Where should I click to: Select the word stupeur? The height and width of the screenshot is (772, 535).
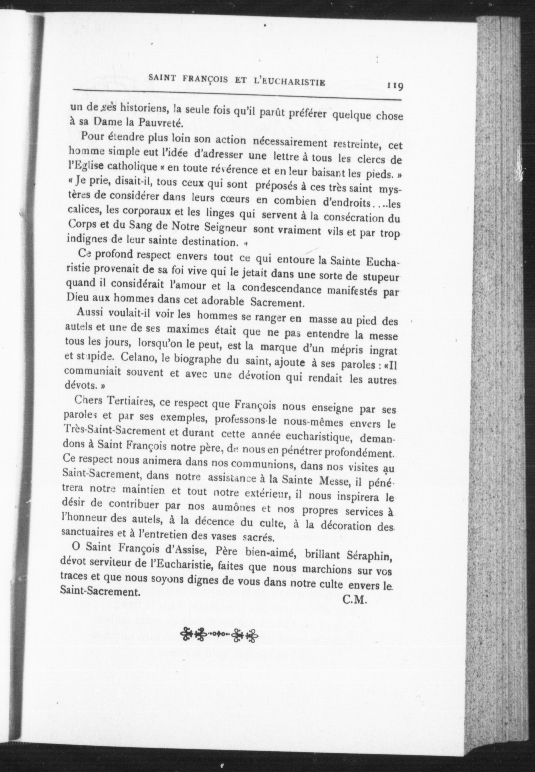(x=380, y=278)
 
